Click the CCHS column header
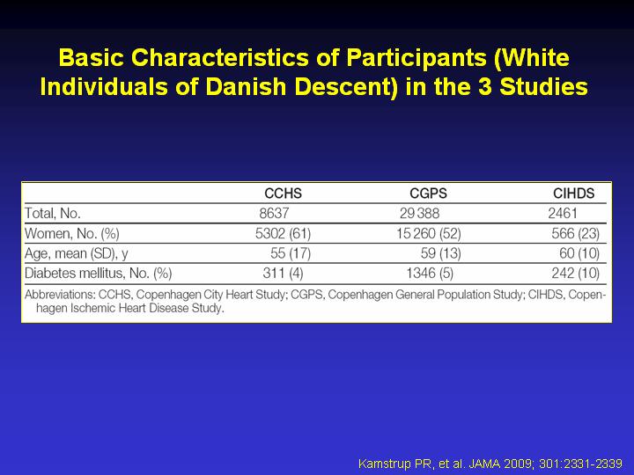(x=283, y=193)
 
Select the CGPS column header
(x=428, y=193)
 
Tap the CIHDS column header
(x=574, y=193)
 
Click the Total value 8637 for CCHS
(x=274, y=213)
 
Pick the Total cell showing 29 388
(x=419, y=213)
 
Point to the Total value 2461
(x=563, y=213)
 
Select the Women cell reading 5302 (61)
(x=283, y=233)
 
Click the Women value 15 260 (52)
(x=429, y=233)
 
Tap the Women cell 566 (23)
(x=575, y=233)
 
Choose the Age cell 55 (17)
(x=291, y=253)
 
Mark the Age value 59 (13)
(x=441, y=253)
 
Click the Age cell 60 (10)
(x=579, y=253)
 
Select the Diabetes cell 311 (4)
(x=283, y=273)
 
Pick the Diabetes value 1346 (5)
(x=430, y=273)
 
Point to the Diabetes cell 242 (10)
(x=575, y=273)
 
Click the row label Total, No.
(x=53, y=213)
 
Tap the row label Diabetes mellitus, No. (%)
(x=99, y=273)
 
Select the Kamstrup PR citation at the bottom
(x=490, y=463)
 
